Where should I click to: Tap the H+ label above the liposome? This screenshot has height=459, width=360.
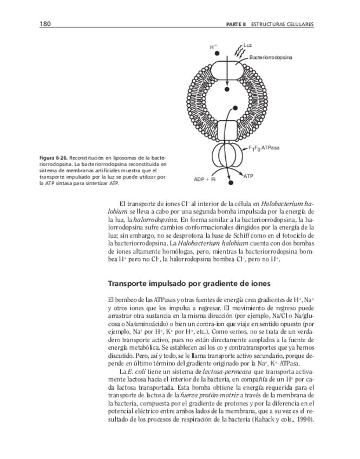(213, 47)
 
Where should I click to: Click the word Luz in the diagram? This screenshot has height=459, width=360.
(248, 44)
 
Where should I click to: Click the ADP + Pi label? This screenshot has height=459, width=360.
(205, 179)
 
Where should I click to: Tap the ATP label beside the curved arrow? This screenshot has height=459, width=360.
(248, 176)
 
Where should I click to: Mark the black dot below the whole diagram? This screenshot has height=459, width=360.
(230, 184)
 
